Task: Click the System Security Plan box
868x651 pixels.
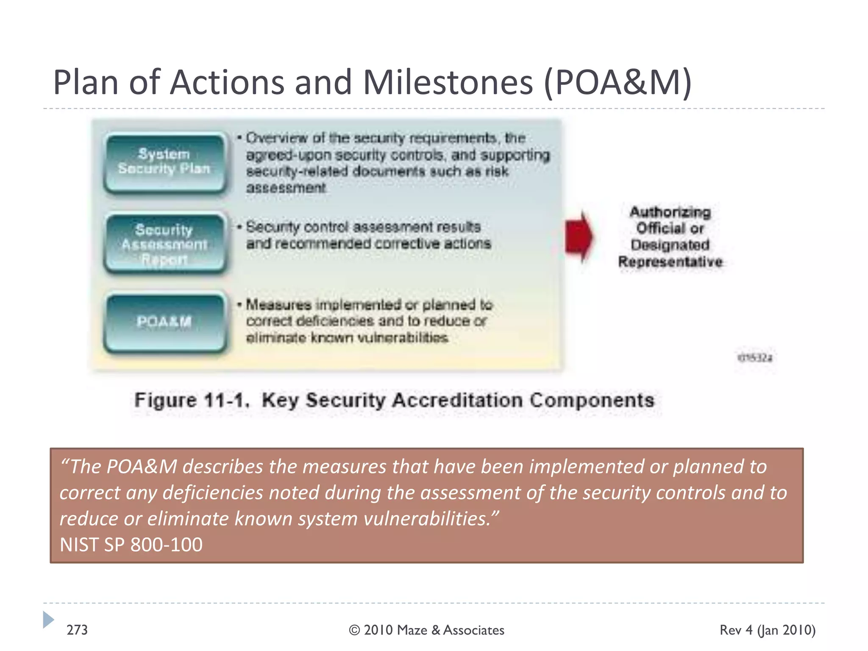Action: (164, 162)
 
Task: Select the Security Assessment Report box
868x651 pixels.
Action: (164, 244)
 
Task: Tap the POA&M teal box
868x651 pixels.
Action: (164, 322)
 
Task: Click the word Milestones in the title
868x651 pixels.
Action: (448, 82)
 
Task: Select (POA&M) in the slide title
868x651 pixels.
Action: (618, 82)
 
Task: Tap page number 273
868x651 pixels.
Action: (77, 630)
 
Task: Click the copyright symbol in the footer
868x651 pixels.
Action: (354, 630)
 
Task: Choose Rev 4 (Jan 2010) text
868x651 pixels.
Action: (768, 630)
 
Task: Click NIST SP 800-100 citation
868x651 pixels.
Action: (131, 545)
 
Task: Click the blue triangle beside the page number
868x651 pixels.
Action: (48, 620)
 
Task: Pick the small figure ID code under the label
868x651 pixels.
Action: (755, 358)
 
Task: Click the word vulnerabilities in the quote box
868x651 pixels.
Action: (426, 518)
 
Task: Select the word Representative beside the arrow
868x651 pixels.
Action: (670, 262)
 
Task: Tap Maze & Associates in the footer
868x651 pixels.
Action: (451, 630)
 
